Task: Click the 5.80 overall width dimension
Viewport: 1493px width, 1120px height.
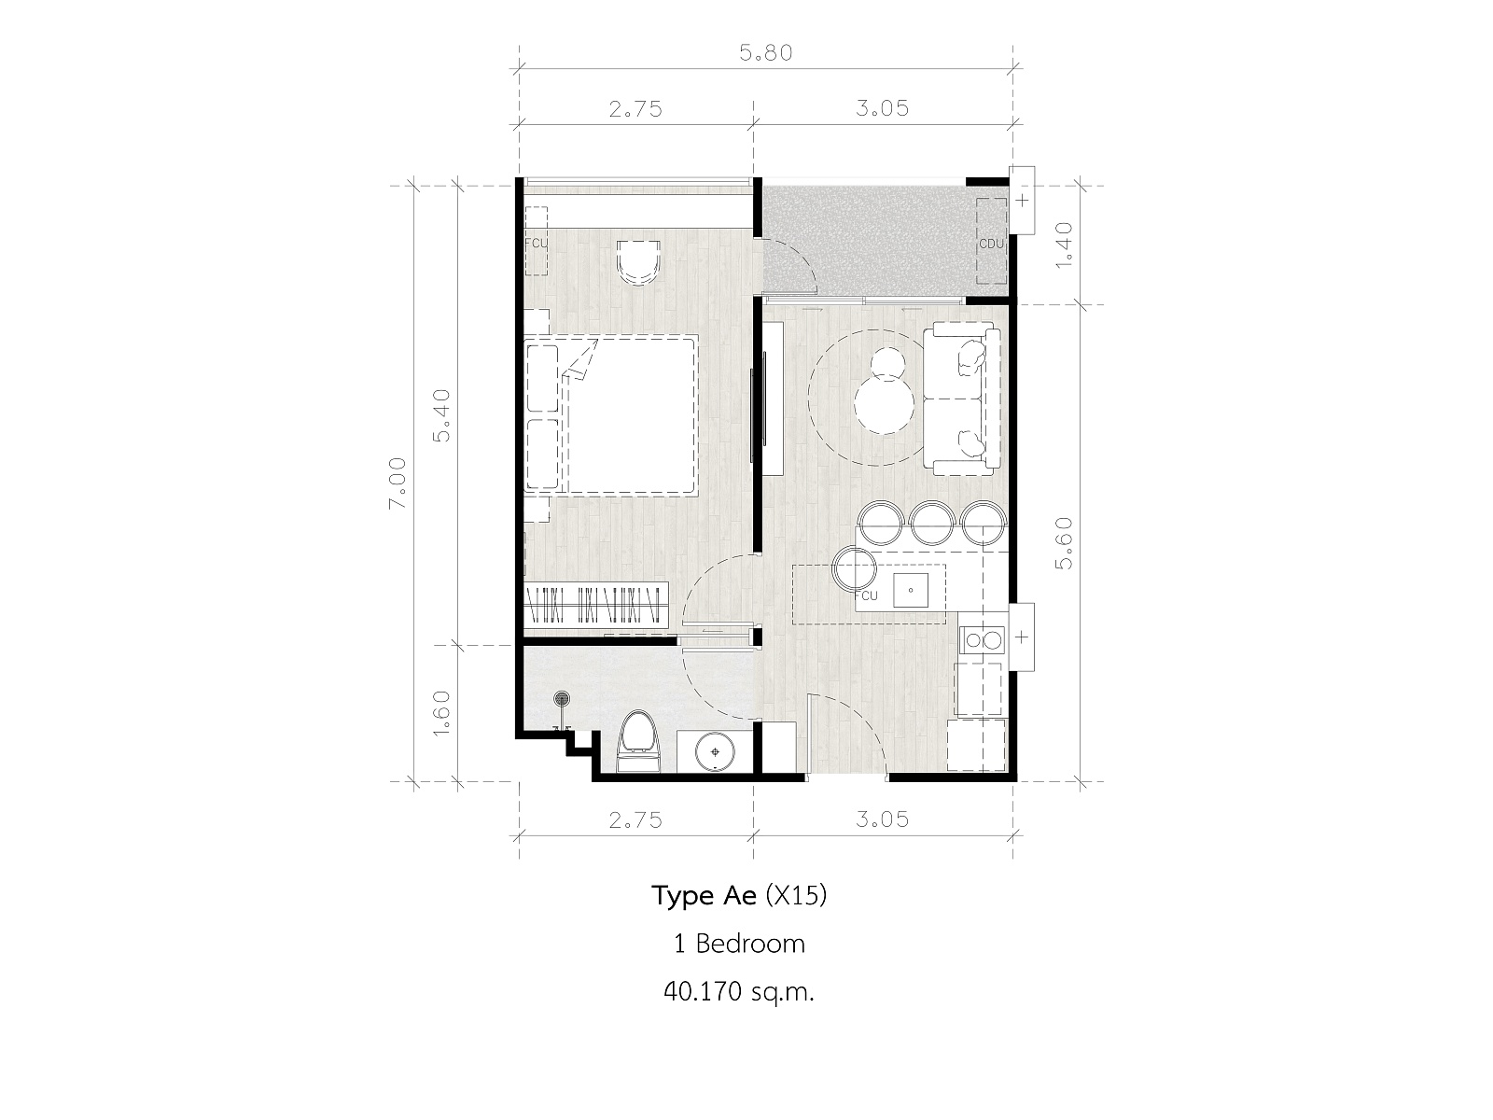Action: (x=766, y=53)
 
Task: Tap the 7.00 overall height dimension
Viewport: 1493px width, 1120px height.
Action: (x=398, y=483)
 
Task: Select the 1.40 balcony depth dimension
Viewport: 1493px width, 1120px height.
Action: (x=1064, y=245)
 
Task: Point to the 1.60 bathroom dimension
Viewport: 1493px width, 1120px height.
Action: (x=441, y=712)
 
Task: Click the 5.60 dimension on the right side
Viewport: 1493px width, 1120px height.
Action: (x=1064, y=543)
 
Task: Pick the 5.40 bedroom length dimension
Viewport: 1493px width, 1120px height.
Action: (x=441, y=415)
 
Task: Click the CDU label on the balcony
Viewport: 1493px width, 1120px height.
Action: (x=991, y=244)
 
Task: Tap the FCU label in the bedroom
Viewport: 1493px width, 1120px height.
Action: (x=536, y=243)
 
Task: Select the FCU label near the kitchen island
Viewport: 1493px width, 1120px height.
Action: (x=867, y=595)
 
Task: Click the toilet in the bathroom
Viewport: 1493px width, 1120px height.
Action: (x=638, y=742)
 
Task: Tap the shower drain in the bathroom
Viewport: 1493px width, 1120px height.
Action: (x=562, y=698)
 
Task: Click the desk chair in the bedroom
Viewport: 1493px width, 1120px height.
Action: (x=638, y=262)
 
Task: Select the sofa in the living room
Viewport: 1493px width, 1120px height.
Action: (x=962, y=399)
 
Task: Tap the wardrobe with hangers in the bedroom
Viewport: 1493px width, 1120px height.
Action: (x=596, y=603)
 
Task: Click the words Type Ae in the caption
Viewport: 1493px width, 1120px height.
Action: (x=704, y=896)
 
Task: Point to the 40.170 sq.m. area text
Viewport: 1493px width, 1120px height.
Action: (x=739, y=992)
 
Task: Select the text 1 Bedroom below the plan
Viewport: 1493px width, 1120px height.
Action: (x=739, y=944)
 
